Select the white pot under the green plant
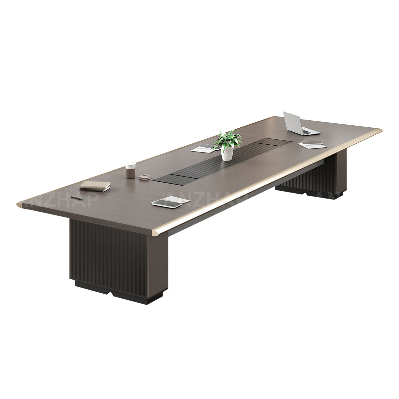pyautogui.click(x=227, y=154)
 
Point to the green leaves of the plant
pyautogui.click(x=228, y=139)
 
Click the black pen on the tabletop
pyautogui.click(x=77, y=198)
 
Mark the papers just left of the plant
pyautogui.click(x=204, y=149)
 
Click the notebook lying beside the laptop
pyautogui.click(x=311, y=144)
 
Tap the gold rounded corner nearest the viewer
pyautogui.click(x=158, y=231)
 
